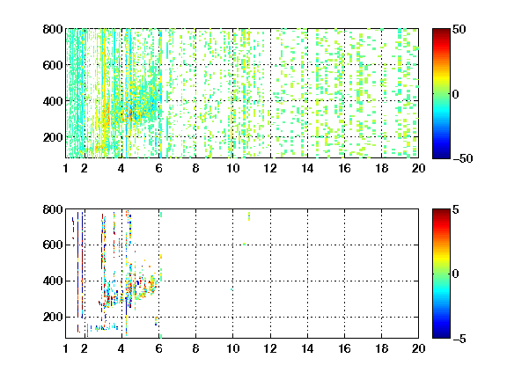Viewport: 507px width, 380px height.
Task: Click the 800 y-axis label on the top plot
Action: coord(53,29)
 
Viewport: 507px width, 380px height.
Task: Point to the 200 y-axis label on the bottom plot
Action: coord(53,317)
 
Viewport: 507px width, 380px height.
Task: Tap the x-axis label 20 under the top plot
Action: coord(418,168)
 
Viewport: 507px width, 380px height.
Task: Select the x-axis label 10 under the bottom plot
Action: coord(232,348)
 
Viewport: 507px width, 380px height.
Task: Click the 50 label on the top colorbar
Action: coord(459,29)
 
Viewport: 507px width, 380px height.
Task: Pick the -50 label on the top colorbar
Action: coord(463,158)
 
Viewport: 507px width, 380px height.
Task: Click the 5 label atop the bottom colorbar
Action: coord(456,209)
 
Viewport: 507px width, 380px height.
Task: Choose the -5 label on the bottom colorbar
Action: coord(459,339)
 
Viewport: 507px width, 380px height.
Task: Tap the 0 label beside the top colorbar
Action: coord(456,94)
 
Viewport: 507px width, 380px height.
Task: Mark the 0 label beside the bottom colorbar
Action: coord(456,274)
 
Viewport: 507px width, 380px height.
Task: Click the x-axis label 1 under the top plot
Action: coord(66,168)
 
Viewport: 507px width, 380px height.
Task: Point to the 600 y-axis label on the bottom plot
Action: coord(53,245)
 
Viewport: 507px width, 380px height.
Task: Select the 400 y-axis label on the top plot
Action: coord(53,101)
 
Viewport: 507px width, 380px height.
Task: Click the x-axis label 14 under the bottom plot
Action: coord(307,348)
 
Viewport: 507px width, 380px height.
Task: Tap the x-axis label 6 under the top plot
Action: coord(158,168)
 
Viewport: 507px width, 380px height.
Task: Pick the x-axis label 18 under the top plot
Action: coord(381,168)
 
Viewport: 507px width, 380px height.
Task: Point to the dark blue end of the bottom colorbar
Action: coord(441,336)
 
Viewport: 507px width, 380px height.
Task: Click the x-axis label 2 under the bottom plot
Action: coord(84,348)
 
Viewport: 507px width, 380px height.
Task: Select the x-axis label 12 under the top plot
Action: coord(270,168)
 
